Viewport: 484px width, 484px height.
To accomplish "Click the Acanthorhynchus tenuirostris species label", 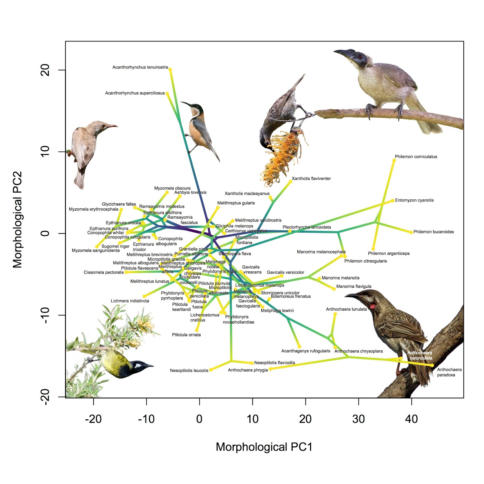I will point(140,67).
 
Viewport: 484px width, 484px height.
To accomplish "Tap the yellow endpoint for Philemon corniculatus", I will point(394,160).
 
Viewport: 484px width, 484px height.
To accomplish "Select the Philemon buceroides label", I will point(433,232).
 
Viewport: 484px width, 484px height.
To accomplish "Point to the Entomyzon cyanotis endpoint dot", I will point(393,201).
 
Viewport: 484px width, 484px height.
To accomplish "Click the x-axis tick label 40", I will point(411,419).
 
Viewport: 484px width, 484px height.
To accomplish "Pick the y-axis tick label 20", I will point(45,70).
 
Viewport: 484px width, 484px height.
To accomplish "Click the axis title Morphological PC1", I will point(264,447).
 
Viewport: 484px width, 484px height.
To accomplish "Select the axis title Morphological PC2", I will point(17,220).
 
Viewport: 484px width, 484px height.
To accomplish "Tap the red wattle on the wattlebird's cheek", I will point(372,306).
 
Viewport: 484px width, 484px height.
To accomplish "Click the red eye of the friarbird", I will point(360,57).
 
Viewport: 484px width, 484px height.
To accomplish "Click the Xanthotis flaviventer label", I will point(311,178).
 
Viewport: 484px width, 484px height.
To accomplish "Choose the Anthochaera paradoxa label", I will point(449,372).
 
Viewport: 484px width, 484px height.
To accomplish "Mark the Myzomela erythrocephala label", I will point(93,209).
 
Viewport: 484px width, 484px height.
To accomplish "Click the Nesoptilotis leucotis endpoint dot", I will point(211,370).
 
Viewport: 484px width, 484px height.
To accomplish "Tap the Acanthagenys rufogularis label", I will point(306,351).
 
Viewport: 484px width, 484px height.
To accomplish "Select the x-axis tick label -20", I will point(93,419).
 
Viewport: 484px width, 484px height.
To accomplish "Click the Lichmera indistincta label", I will point(130,301).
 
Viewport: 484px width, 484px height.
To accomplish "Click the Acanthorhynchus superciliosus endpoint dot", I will point(167,93).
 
